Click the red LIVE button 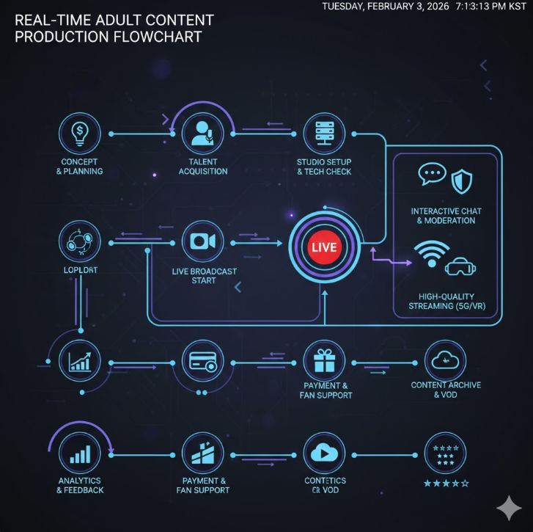[323, 247]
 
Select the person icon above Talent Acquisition [202, 134]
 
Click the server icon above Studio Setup [324, 134]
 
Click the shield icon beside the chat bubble [461, 179]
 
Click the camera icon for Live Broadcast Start [202, 241]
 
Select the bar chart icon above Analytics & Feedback [80, 453]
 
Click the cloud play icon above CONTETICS [324, 453]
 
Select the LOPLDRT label [80, 271]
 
